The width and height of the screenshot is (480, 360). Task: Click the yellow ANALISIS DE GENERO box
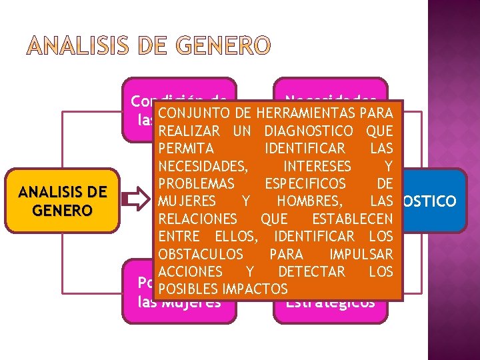click(62, 201)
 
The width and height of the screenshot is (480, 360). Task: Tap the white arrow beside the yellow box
click(136, 199)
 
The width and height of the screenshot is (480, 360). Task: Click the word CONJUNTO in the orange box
click(191, 113)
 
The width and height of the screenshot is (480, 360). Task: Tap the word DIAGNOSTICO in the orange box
click(309, 131)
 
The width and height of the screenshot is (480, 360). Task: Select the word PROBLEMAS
click(197, 183)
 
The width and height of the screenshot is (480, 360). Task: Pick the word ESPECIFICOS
click(305, 183)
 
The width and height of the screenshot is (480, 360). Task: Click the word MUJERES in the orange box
click(187, 201)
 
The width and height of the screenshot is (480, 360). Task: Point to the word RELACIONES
click(198, 219)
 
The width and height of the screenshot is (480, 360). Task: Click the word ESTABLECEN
click(352, 219)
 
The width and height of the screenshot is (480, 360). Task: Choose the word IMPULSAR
click(361, 254)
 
